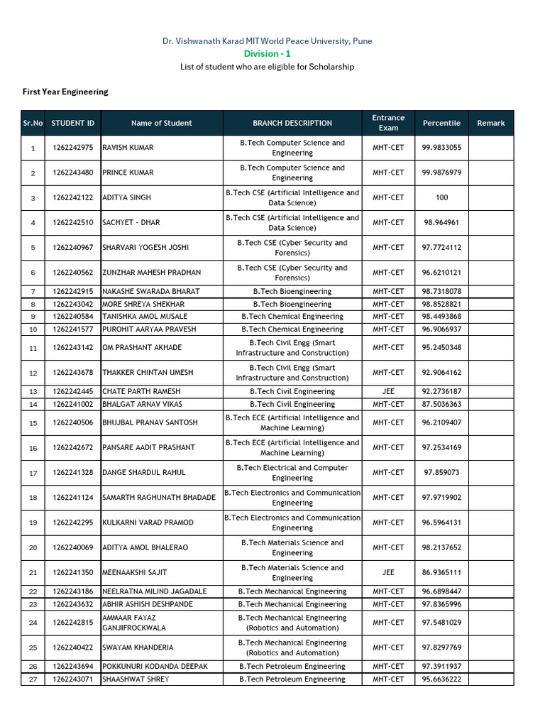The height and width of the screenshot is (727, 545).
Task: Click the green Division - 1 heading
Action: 267,54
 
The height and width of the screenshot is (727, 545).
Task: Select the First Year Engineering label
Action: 65,92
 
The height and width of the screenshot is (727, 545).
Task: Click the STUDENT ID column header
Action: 72,123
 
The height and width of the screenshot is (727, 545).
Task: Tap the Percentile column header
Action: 441,123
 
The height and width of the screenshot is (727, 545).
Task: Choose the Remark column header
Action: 490,123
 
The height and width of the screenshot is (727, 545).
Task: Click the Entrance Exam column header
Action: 388,123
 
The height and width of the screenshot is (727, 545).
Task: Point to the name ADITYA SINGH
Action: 127,197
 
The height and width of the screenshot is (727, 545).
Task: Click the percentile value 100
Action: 441,197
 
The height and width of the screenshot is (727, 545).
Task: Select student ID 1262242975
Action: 72,148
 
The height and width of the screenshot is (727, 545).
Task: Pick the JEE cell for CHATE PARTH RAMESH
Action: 388,391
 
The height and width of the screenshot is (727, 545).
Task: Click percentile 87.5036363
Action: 441,404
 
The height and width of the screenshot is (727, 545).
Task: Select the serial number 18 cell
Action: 33,498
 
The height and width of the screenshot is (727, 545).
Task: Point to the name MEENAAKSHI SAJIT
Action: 135,572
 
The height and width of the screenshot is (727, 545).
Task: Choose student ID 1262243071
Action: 72,679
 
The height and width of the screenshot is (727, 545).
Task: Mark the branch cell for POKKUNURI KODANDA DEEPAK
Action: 292,666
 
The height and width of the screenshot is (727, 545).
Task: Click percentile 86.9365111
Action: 441,572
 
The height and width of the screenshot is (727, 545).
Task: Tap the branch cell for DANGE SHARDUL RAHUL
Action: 292,473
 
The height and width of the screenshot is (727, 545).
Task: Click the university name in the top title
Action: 267,41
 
